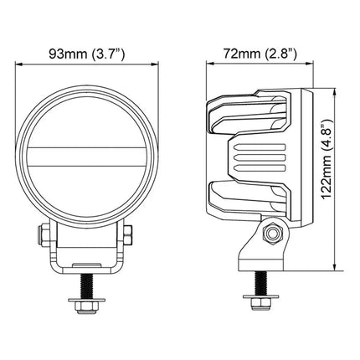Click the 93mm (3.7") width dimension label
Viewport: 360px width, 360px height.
[x=87, y=54]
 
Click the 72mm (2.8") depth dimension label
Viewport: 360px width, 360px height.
[x=260, y=54]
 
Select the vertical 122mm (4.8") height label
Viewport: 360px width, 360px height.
[x=326, y=159]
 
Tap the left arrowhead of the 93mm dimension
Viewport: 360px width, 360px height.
[x=18, y=64]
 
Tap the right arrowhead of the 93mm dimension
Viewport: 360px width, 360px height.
[x=156, y=64]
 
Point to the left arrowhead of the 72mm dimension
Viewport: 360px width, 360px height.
[x=209, y=64]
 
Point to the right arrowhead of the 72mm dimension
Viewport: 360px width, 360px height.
[x=310, y=64]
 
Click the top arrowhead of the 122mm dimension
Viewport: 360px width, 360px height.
[x=334, y=92]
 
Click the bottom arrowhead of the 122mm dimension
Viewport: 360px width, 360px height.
[x=334, y=267]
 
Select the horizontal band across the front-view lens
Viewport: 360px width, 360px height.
[x=87, y=157]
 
